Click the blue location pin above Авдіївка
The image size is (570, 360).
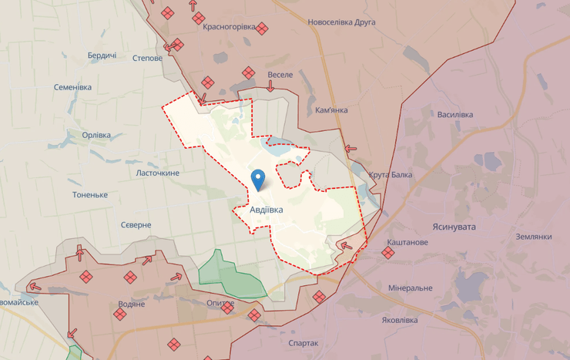(x=259, y=179)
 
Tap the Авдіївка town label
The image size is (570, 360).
(x=267, y=210)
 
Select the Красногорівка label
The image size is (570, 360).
(x=229, y=27)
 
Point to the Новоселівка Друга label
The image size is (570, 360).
(x=341, y=22)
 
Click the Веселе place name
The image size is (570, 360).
(x=280, y=75)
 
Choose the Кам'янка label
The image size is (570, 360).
(x=331, y=110)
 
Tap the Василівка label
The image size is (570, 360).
(x=454, y=115)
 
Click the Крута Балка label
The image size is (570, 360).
(x=391, y=175)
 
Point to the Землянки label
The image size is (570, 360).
(x=534, y=237)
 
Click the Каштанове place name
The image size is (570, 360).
(x=407, y=242)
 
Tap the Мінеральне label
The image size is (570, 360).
(x=411, y=288)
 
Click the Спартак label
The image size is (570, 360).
(x=303, y=343)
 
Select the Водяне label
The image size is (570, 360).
(x=132, y=304)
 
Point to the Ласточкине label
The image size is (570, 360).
(x=158, y=173)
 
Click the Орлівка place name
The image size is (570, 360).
(x=96, y=135)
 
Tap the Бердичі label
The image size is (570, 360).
(x=102, y=56)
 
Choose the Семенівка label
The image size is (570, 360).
(x=72, y=87)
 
